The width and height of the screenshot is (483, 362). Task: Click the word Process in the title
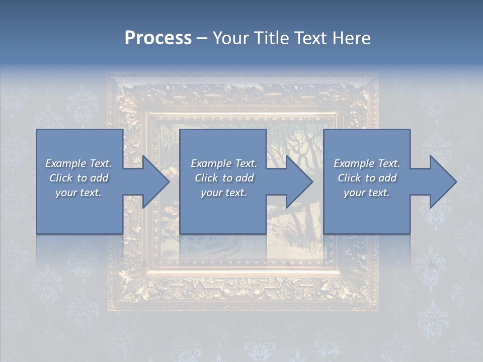click(158, 38)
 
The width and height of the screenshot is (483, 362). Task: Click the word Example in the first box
click(65, 163)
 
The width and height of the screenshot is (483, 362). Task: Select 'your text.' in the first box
click(78, 193)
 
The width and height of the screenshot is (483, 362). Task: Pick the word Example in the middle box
click(211, 163)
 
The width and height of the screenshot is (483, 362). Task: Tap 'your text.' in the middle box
click(224, 193)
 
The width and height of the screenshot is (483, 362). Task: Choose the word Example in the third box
click(354, 163)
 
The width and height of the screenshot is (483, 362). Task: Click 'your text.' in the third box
click(367, 193)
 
